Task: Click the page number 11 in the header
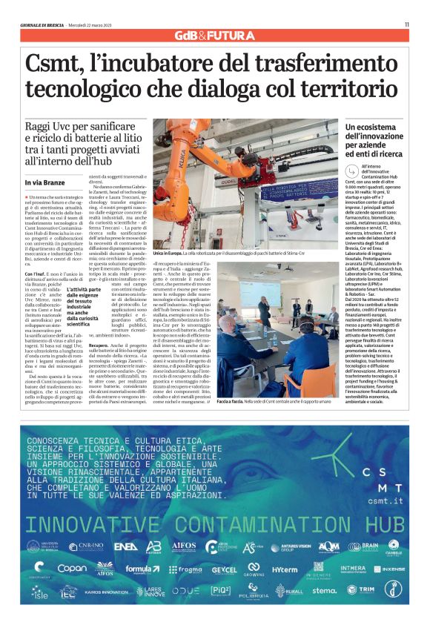(x=407, y=24)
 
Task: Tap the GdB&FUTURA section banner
(x=214, y=36)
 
